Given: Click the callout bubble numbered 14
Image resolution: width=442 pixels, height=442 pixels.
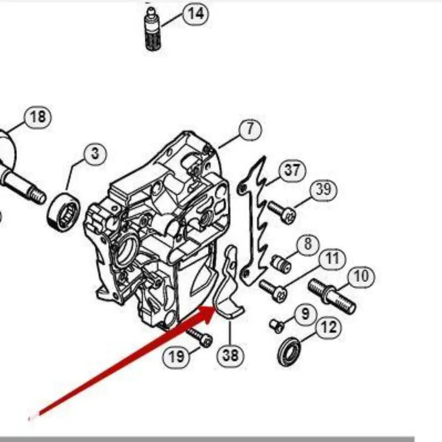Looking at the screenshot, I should point(195,14).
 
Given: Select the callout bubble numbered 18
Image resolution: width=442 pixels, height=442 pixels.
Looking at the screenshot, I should point(38,117).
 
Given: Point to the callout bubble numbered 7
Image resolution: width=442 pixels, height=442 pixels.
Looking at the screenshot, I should point(250,130).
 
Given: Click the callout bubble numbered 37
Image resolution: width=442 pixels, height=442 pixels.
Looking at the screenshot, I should point(292,170).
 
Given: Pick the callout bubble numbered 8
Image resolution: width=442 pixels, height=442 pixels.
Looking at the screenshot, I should point(307,244).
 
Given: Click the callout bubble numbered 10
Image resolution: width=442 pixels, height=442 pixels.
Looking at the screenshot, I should point(361,277).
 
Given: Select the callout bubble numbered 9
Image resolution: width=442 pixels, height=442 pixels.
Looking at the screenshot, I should point(305,314).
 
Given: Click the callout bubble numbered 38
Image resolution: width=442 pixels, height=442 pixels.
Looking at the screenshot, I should point(230,355).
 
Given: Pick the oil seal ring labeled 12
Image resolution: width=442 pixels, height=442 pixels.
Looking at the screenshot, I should point(289,351).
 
